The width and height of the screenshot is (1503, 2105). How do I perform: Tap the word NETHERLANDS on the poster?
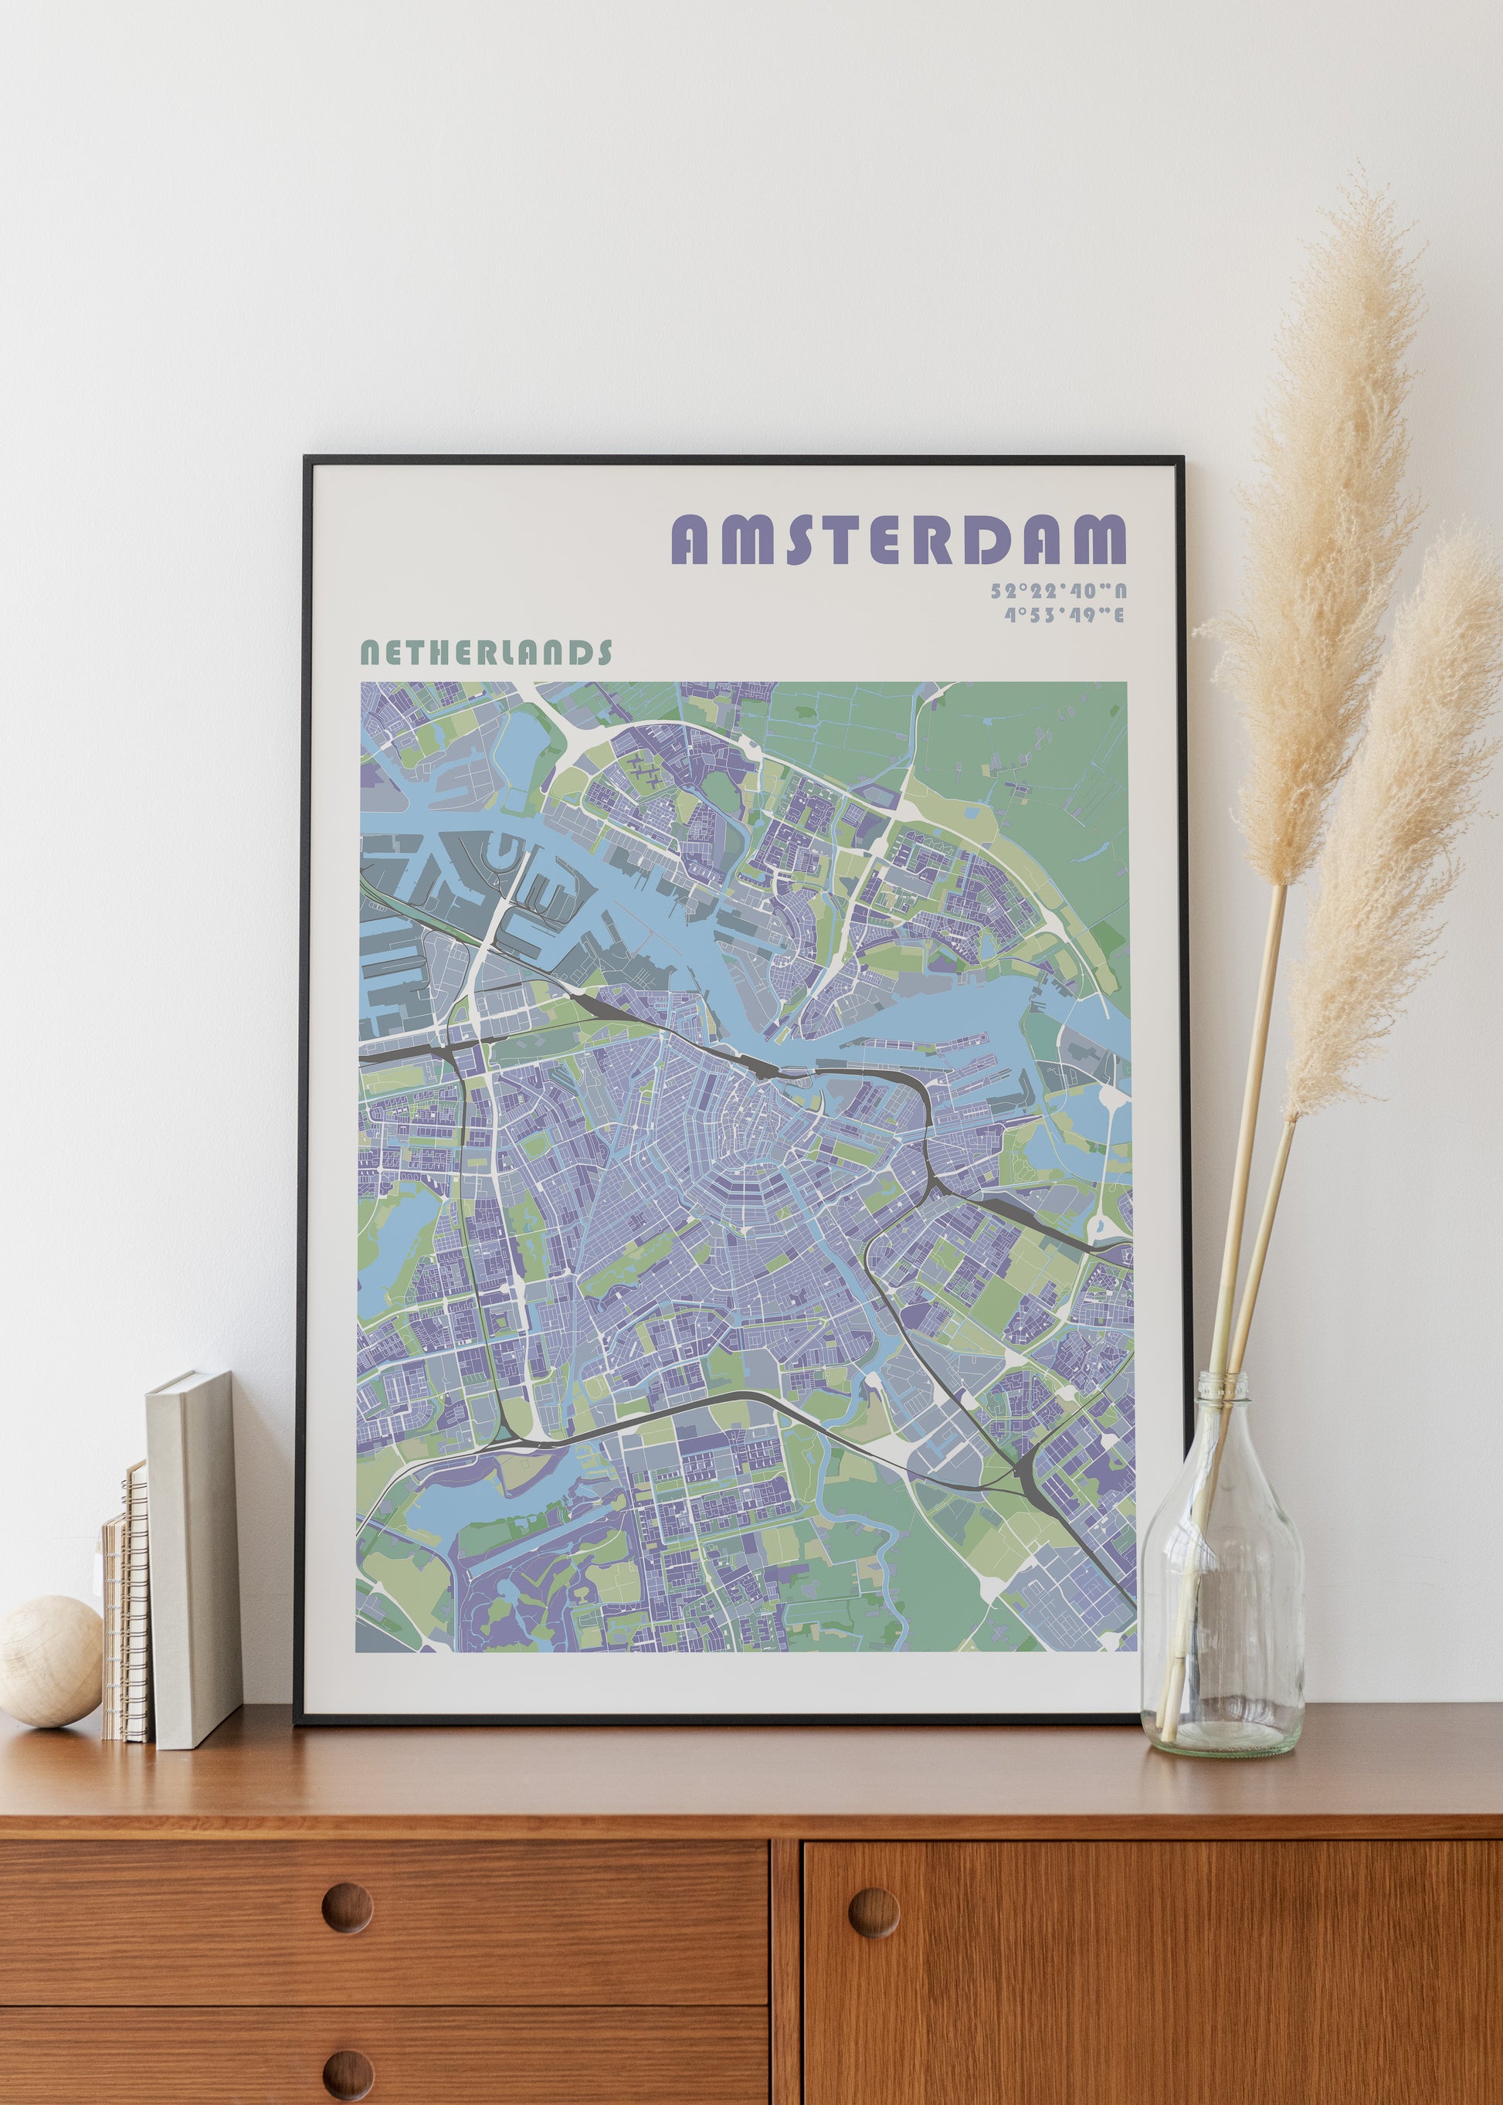(485, 654)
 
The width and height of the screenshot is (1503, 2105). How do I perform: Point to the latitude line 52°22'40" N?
(1058, 591)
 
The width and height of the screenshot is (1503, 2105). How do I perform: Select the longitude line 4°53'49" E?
(1064, 615)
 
